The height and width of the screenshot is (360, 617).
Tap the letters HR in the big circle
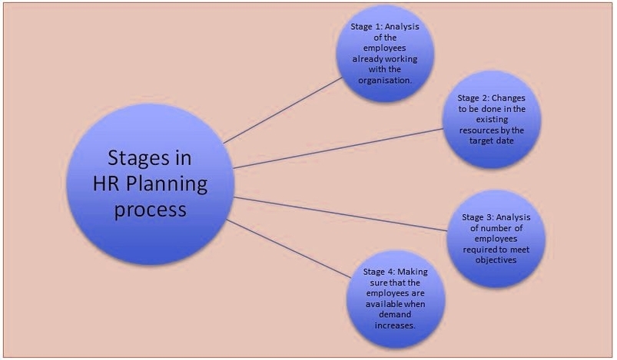tap(106, 183)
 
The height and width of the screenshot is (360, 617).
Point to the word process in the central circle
tap(150, 210)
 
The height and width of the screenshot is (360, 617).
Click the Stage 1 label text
tap(366, 27)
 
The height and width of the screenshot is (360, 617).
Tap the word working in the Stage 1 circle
tap(401, 59)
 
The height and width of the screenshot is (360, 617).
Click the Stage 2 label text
tap(473, 97)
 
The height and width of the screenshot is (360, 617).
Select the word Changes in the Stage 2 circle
tap(509, 97)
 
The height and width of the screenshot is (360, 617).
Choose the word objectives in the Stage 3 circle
tap(496, 260)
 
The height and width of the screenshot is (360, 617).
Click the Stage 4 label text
tap(378, 272)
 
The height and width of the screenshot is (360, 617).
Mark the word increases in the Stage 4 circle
tap(394, 325)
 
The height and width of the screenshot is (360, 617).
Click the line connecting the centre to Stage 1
tap(284, 110)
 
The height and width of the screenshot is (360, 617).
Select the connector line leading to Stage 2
tap(338, 148)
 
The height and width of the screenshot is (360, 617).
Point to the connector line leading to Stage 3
tap(340, 214)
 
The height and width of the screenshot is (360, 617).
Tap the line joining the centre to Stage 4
tap(289, 249)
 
